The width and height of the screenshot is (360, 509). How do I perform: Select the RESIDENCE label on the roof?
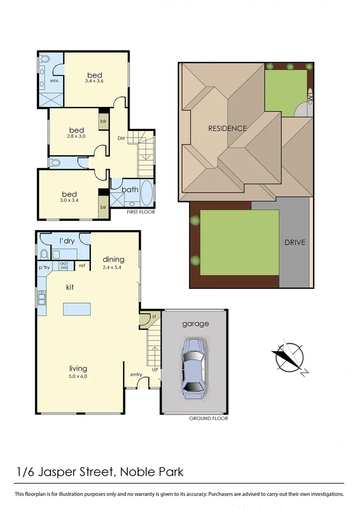228,128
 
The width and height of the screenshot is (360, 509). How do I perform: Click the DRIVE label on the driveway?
295,243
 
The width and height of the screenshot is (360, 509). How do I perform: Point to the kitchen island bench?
77,309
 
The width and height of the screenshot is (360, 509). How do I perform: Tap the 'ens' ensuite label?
55,81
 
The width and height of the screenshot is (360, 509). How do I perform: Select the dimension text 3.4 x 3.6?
94,81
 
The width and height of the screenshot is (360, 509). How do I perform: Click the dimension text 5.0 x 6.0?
78,376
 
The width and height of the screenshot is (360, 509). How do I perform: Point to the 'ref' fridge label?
82,266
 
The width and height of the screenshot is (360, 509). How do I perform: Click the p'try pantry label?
44,267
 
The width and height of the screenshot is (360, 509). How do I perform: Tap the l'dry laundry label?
67,241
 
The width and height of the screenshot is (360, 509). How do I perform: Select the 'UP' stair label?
155,370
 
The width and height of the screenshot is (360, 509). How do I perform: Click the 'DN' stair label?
121,139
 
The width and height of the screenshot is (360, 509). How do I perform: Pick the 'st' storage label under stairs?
154,316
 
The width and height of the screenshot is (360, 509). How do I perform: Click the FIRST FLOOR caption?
141,212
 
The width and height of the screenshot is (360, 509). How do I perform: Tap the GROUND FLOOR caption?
208,419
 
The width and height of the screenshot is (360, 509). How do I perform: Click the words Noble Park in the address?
152,471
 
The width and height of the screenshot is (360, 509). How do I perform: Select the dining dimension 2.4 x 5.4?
114,267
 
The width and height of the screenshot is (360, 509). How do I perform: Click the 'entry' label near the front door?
136,375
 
